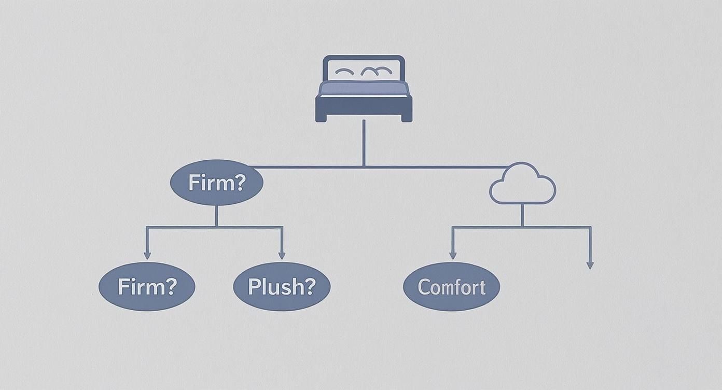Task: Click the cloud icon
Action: click(x=522, y=185)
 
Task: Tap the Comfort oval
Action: click(x=451, y=287)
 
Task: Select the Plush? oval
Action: click(x=282, y=287)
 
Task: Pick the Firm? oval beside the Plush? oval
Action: click(x=147, y=287)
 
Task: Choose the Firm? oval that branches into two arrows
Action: click(x=216, y=183)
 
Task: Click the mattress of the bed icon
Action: click(x=364, y=88)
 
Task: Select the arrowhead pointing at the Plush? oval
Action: click(x=282, y=255)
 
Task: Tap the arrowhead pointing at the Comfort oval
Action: click(x=452, y=255)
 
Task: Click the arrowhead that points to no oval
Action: click(x=590, y=265)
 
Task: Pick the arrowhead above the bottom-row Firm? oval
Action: click(x=147, y=255)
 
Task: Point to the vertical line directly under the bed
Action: click(x=364, y=143)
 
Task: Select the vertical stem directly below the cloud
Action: click(x=522, y=215)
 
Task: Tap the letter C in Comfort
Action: click(x=424, y=287)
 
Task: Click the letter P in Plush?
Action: click(x=254, y=286)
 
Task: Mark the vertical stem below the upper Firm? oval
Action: click(x=216, y=216)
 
